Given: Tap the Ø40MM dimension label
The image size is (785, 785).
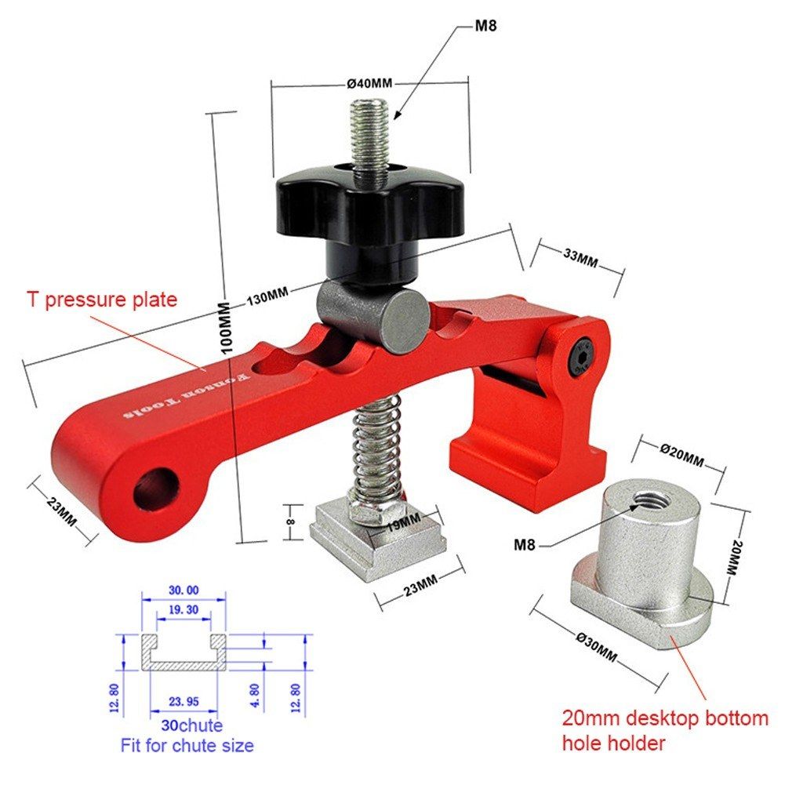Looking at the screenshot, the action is pos(369,84).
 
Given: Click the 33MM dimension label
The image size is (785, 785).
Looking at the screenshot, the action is pos(580,257).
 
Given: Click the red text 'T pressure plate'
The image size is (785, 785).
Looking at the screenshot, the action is pos(102,300).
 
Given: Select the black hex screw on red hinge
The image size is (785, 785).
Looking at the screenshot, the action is pos(582,358).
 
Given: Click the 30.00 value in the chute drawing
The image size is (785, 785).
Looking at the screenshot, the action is pos(184,591).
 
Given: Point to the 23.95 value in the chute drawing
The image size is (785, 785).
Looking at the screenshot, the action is pos(184,701).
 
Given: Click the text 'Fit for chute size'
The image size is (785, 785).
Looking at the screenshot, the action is pos(187,746).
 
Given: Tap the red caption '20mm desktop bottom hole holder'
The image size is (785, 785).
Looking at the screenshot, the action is pos(665,730).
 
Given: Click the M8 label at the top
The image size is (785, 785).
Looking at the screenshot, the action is pos(485,25).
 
